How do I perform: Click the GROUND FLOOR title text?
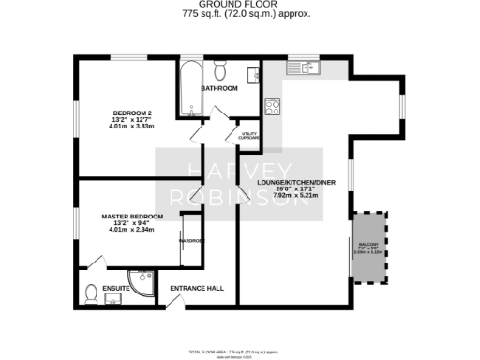pyautogui.click(x=240, y=5)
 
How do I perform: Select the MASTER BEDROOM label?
pyautogui.click(x=131, y=216)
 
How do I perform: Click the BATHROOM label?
pyautogui.click(x=219, y=88)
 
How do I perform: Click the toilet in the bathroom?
pyautogui.click(x=219, y=69)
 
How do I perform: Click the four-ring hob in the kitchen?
pyautogui.click(x=274, y=105)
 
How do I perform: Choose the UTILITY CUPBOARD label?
pyautogui.click(x=249, y=136)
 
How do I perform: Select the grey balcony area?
pyautogui.click(x=368, y=248)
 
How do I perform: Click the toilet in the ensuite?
pyautogui.click(x=91, y=293)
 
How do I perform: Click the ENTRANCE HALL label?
pyautogui.click(x=202, y=288)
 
